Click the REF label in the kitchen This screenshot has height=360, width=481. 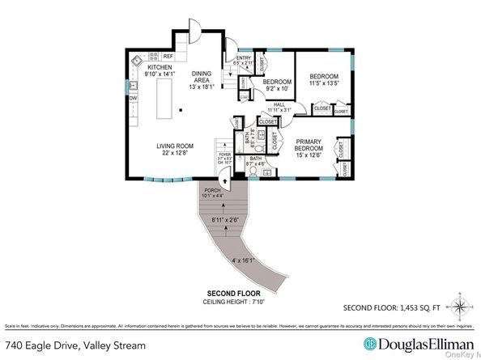pos(168,57)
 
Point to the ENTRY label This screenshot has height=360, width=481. pos(244,58)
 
